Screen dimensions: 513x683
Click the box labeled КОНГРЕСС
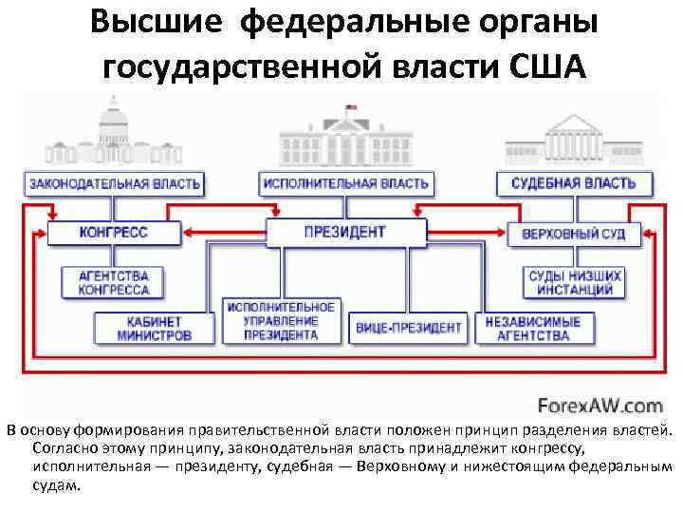[x=114, y=233]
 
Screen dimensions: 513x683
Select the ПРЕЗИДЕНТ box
[x=344, y=232]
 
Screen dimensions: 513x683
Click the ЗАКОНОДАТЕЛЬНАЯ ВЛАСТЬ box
[x=115, y=182]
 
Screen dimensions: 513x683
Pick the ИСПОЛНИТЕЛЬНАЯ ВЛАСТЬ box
[x=344, y=182]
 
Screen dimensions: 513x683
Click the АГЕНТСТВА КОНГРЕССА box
[x=114, y=282]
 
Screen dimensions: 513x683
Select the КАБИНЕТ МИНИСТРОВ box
[x=154, y=328]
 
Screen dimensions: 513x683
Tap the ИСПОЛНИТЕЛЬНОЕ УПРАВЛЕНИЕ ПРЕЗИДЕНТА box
[x=281, y=321]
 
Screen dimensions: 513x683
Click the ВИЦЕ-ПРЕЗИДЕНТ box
[x=409, y=328]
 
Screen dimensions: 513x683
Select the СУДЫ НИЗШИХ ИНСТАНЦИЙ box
[x=575, y=282]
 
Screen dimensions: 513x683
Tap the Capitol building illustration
[x=112, y=133]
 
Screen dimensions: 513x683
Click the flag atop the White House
[x=350, y=108]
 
